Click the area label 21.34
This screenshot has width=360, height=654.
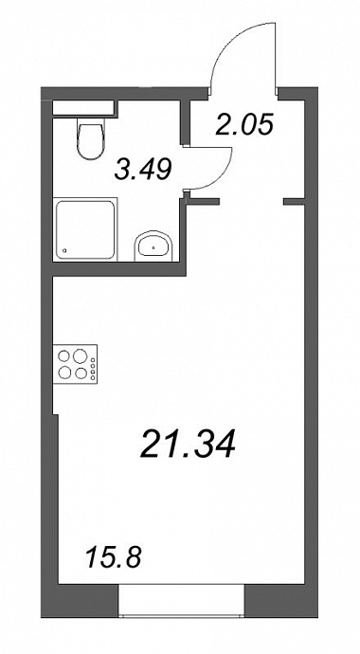189,443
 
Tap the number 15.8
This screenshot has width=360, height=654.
114,557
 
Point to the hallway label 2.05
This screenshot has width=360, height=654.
244,125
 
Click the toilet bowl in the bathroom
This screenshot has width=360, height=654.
90,141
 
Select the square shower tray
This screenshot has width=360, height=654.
86,229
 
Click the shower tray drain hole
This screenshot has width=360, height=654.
64,250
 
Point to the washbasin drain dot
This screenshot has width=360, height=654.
153,247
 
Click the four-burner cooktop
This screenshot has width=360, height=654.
75,364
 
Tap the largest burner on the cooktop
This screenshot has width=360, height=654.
80,356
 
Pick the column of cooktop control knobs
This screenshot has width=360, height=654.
93,369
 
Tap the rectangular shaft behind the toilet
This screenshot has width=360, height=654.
83,108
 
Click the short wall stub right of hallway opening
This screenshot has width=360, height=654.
295,202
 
